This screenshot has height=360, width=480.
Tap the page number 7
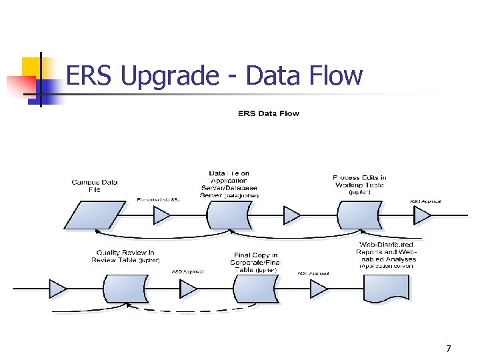tap(449, 349)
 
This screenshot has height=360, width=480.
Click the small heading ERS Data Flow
tap(269, 113)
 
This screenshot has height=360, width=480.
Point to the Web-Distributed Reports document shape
tap(387, 289)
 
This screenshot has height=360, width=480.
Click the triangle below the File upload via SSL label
tap(162, 216)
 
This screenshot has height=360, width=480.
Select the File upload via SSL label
tap(158, 199)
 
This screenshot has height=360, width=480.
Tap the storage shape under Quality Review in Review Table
tap(125, 289)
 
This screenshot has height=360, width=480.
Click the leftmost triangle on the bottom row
tap(59, 289)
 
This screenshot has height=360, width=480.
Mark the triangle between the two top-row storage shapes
tap(292, 216)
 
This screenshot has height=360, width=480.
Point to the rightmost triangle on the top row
tap(423, 216)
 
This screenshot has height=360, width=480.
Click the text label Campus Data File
tap(95, 185)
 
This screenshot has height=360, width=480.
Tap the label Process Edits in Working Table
tap(359, 181)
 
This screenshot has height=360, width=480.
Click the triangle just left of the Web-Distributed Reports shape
tap(319, 289)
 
